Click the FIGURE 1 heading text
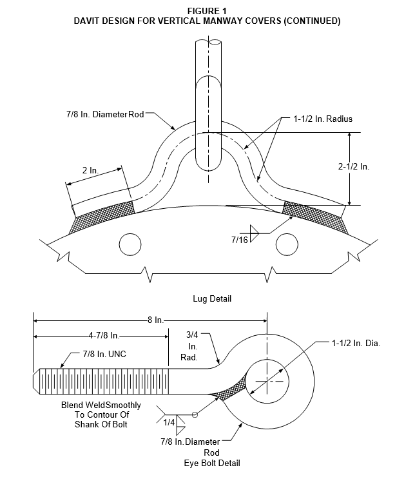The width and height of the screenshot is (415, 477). click(x=207, y=11)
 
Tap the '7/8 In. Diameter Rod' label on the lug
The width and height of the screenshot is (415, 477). click(x=105, y=114)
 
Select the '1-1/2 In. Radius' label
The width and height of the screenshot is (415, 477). click(x=323, y=119)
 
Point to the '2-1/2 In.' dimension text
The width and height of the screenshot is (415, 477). click(x=354, y=166)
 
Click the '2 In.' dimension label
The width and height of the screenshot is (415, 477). click(x=91, y=170)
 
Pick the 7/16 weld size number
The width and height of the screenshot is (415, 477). click(x=240, y=240)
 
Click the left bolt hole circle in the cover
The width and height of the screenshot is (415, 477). click(x=130, y=244)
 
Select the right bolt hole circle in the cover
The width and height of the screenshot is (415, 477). click(x=287, y=244)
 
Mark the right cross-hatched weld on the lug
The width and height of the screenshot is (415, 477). click(x=315, y=217)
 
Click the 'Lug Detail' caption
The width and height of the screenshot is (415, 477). click(x=212, y=298)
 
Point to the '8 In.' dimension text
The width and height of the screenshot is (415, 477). click(x=155, y=320)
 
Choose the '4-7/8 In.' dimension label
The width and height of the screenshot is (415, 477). click(x=104, y=336)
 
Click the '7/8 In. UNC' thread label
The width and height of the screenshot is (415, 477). click(x=104, y=354)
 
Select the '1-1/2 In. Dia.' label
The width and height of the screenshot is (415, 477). click(x=356, y=343)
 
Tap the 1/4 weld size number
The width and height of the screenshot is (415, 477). click(x=169, y=422)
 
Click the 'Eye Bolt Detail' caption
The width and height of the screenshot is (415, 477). click(x=212, y=463)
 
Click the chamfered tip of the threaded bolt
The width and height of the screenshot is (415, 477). click(x=36, y=382)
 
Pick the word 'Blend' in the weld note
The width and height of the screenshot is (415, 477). click(x=72, y=405)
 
